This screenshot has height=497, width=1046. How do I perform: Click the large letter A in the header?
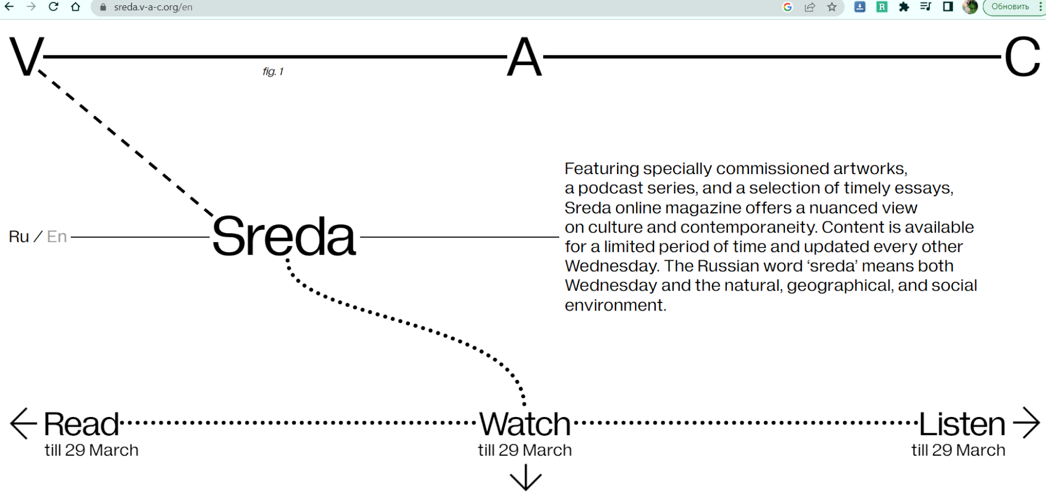tap(524, 57)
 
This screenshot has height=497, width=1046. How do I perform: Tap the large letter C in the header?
tap(1022, 57)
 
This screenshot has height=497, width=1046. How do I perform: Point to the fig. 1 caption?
tap(273, 71)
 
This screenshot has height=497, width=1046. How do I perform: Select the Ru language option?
tap(19, 237)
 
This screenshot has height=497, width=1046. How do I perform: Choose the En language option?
tap(57, 237)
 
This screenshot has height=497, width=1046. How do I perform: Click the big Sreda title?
tap(284, 237)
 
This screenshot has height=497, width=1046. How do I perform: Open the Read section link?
tap(81, 424)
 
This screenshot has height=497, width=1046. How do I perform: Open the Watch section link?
tap(524, 424)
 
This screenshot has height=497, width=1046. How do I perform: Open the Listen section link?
tap(962, 424)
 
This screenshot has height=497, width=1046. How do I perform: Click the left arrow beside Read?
tap(23, 423)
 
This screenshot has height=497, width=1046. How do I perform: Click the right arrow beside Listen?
tap(1027, 423)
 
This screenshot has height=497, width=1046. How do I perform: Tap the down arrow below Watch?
tap(525, 478)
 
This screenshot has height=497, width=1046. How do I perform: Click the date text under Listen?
tap(958, 450)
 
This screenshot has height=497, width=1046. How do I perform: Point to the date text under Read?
tap(91, 450)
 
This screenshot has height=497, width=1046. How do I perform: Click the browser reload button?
tap(53, 7)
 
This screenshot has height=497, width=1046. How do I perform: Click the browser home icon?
tap(76, 7)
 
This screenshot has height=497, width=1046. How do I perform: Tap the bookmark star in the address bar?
tap(832, 7)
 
